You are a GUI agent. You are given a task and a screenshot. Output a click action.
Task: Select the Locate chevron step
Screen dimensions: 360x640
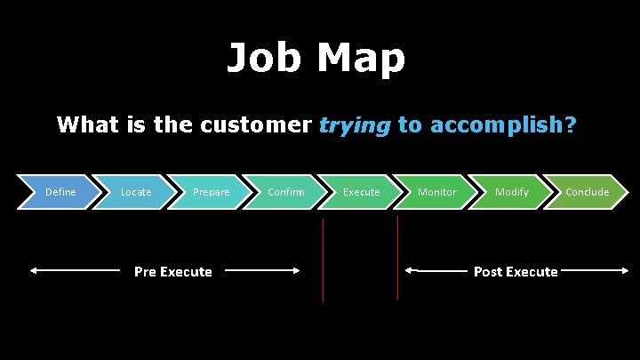136,192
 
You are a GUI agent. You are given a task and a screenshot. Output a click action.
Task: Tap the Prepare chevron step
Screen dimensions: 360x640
212,192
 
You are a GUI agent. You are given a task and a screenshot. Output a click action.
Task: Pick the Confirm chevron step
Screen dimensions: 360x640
286,192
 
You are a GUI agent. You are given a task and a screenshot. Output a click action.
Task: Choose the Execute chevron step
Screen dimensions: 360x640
361,192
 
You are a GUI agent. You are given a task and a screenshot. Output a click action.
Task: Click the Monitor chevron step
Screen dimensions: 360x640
436,192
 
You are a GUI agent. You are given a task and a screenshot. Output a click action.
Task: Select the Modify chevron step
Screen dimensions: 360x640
512,192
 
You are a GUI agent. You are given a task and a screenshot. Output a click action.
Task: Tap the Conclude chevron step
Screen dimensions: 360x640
587,192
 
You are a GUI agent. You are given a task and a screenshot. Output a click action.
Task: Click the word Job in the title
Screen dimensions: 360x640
264,59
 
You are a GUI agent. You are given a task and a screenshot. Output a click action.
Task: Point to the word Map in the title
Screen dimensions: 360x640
362,59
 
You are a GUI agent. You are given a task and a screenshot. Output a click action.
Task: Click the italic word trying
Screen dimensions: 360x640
354,124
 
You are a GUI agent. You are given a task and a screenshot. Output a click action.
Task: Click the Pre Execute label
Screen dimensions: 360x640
172,271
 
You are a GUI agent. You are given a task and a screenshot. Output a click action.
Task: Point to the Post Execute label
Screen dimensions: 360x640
516,271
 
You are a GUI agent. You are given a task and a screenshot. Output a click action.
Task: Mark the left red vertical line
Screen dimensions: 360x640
323,260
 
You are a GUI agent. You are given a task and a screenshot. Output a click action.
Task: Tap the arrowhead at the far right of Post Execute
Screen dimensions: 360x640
625,270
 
